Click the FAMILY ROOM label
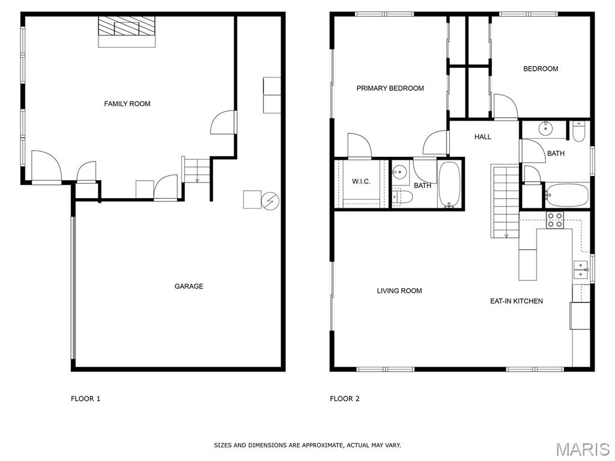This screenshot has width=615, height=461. [x=127, y=104]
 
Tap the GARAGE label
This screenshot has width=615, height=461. [x=189, y=286]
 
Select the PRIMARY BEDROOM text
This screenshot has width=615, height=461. [x=390, y=88]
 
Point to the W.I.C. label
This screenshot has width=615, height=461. [x=361, y=181]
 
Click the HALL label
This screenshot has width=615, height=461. [x=483, y=137]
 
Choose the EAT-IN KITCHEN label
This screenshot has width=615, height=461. [x=517, y=301]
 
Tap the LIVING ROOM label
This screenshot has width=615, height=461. [x=399, y=291]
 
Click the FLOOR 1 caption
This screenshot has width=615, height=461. [x=85, y=399]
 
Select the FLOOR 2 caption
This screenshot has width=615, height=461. [x=345, y=399]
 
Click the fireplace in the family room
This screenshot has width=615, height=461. [x=127, y=31]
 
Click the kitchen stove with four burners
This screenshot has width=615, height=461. [x=555, y=220]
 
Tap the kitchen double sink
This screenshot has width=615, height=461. [x=581, y=270]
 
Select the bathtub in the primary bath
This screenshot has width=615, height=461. [x=449, y=184]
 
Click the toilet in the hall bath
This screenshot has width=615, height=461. [x=578, y=131]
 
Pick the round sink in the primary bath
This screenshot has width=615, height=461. [x=399, y=172]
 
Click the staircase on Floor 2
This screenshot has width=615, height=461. [x=505, y=201]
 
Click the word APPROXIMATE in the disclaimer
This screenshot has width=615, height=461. [x=321, y=445]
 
